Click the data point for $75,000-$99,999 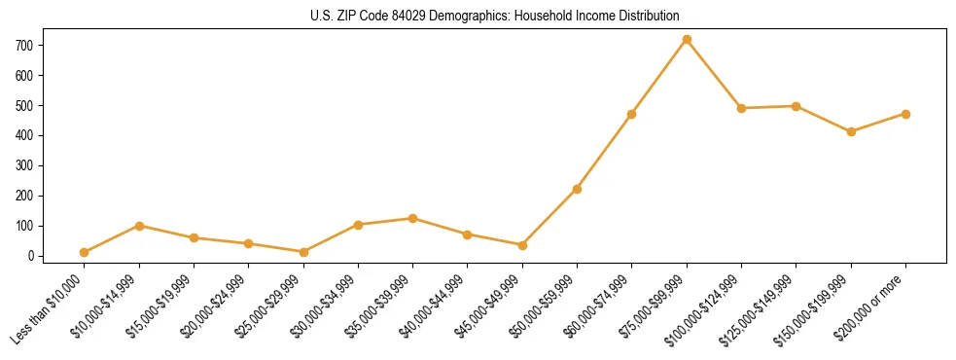click(687, 40)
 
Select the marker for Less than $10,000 click(85, 253)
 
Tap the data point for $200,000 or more click(905, 114)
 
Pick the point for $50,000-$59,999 click(577, 189)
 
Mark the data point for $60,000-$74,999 click(632, 115)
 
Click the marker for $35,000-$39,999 click(412, 219)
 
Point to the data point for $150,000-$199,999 click(851, 131)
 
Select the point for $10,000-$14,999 click(139, 226)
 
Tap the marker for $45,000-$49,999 click(522, 245)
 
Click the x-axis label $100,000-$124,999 click(706, 308)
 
